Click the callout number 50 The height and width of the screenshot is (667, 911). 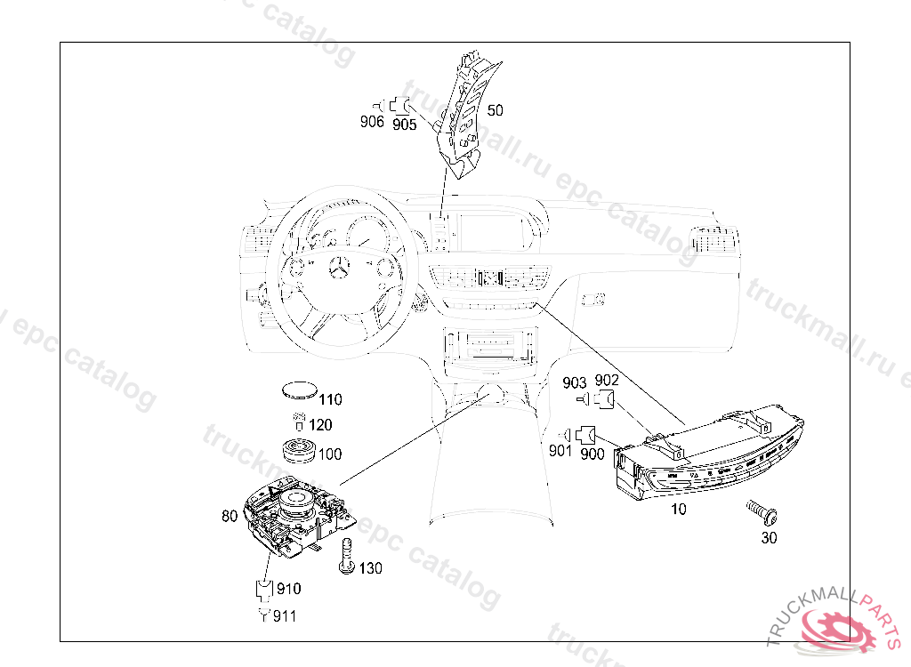[x=496, y=110]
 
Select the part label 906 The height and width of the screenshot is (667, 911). [x=372, y=122]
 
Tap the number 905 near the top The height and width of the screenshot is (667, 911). [x=404, y=125]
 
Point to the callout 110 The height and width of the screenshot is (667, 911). [x=330, y=400]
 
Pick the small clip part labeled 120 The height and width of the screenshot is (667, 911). [x=299, y=422]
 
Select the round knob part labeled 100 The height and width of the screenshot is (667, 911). [x=299, y=449]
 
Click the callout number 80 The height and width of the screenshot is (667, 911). [x=230, y=516]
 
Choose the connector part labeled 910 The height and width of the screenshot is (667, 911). [x=264, y=588]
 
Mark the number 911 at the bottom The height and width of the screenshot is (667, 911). [x=285, y=616]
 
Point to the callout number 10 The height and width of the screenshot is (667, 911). [x=679, y=510]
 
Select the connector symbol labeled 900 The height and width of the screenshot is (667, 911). [x=585, y=436]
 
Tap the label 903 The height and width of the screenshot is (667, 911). [x=575, y=382]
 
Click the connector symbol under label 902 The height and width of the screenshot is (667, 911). [x=606, y=398]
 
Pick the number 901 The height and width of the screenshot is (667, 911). [x=560, y=452]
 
